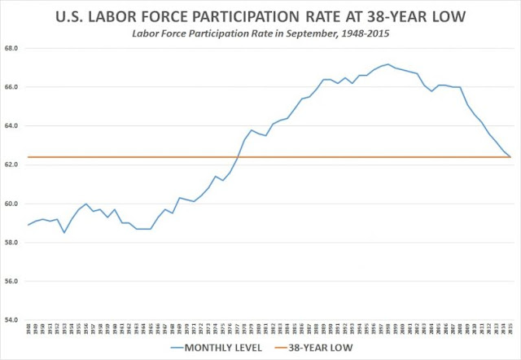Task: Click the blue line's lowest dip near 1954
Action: click(64, 233)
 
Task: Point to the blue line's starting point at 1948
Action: click(28, 225)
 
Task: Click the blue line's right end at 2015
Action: click(510, 157)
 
